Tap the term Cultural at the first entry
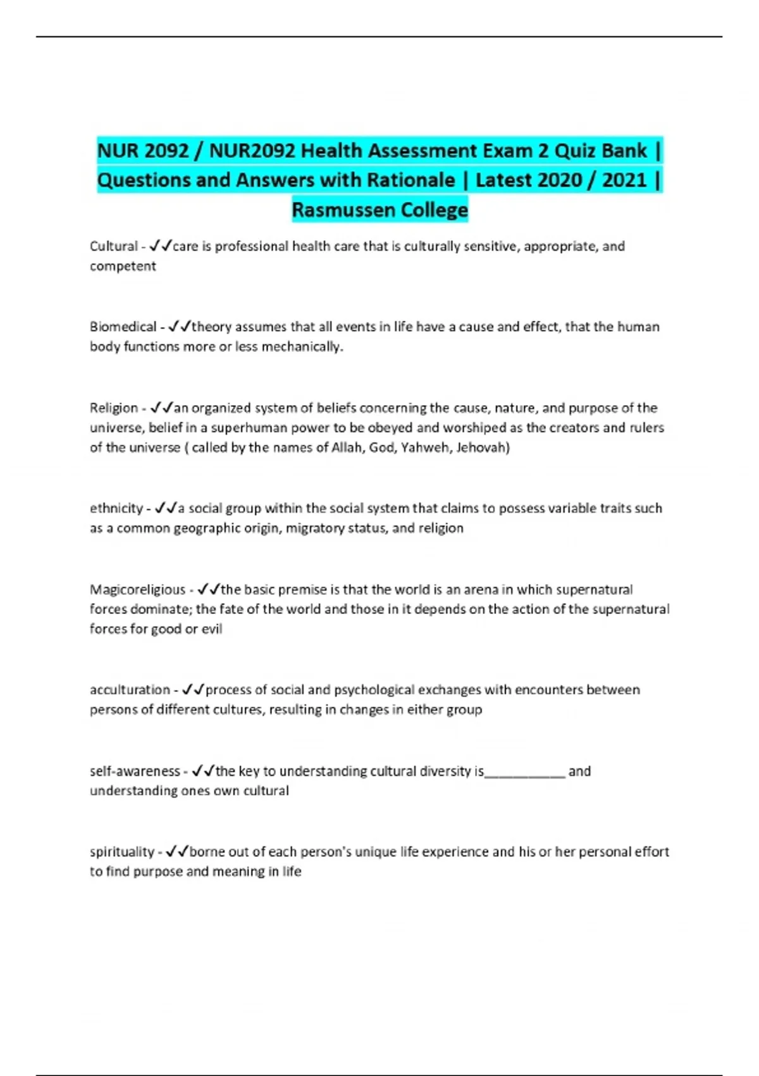pos(114,246)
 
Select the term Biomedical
pos(123,327)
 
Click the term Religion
pos(114,408)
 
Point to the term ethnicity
pos(116,508)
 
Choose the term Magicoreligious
pos(138,589)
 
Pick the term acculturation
pos(130,690)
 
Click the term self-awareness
pos(135,771)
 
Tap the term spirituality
pos(122,852)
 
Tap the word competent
pos(123,266)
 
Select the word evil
pos(212,629)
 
